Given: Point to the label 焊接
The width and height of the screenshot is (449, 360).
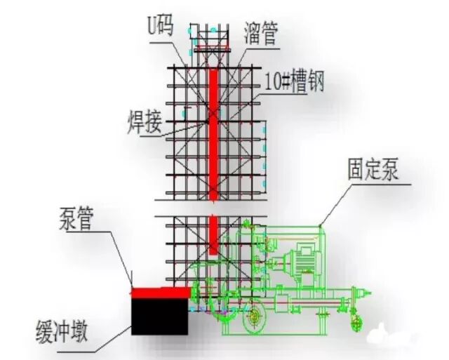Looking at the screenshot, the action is tap(145, 121).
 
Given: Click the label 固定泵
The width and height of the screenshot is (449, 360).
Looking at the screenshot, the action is tap(373, 170).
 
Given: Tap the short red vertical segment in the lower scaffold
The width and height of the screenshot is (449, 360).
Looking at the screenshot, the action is tap(213, 235).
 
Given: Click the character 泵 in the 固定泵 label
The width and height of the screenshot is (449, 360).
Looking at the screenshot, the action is tap(394, 170).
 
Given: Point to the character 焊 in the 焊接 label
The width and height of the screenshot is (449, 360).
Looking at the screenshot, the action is tap(135, 121).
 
